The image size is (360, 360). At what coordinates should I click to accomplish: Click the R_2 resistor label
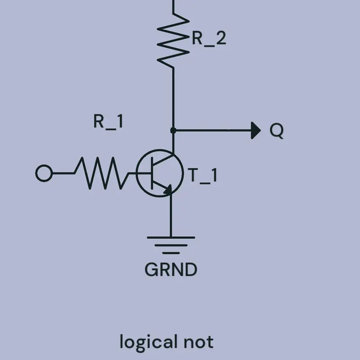coord(209,38)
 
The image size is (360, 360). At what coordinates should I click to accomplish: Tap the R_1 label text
coord(108,121)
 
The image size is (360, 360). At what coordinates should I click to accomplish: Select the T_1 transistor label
coord(202,175)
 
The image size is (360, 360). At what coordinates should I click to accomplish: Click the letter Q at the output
coord(277,130)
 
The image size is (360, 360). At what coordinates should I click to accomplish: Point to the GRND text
coord(171,270)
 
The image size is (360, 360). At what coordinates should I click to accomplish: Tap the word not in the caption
coord(198,342)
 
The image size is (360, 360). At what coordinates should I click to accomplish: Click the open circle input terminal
coord(44,173)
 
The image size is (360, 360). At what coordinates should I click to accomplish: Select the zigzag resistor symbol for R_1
coord(101,173)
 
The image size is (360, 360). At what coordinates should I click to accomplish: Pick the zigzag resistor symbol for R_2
coord(173,40)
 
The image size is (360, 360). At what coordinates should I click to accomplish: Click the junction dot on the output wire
coord(173,130)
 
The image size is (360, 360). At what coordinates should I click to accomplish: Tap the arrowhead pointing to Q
coord(256,130)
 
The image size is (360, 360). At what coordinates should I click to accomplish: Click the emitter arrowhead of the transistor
coord(168,189)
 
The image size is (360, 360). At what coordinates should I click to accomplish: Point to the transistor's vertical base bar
coord(152,173)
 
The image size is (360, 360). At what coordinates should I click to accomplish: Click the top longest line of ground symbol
coord(171,238)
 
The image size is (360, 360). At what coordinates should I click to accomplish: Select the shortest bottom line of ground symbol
coord(171,253)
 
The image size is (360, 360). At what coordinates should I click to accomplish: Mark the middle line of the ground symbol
coord(171,245)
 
